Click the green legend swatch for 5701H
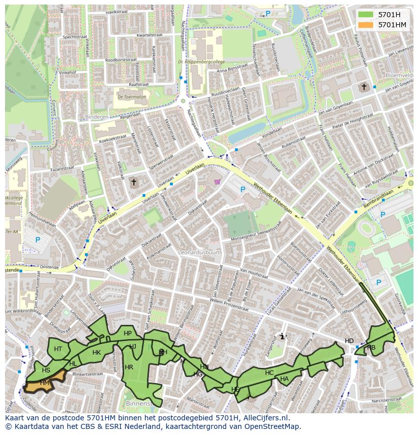coord(366,15)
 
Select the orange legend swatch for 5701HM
coord(366,25)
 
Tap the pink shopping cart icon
coord(217,181)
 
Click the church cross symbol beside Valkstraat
coord(134,181)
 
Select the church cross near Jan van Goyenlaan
coord(363,87)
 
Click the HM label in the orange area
coord(45,383)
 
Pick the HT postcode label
coord(58,349)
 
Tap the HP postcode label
coord(128,333)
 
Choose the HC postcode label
coord(269,373)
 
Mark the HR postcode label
coord(129,367)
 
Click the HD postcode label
coord(349,341)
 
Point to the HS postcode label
coord(46,370)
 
